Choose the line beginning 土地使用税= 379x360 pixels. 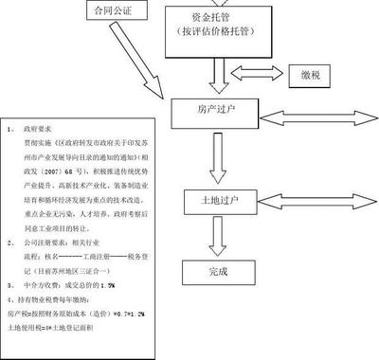click(65, 325)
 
